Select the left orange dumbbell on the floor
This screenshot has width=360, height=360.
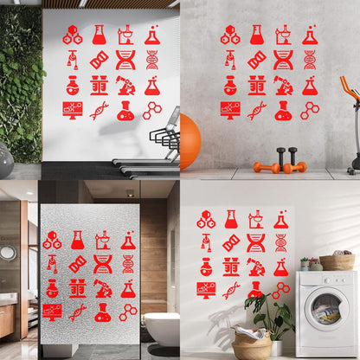260,166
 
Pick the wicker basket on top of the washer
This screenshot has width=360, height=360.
337,261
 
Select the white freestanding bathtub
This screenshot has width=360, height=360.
162,328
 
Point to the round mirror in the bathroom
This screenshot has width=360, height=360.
8,253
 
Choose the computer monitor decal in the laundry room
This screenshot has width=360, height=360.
206,289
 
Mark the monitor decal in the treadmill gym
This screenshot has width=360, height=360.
73,109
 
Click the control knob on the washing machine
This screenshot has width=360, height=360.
342,279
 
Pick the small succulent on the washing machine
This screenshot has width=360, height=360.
305,263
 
